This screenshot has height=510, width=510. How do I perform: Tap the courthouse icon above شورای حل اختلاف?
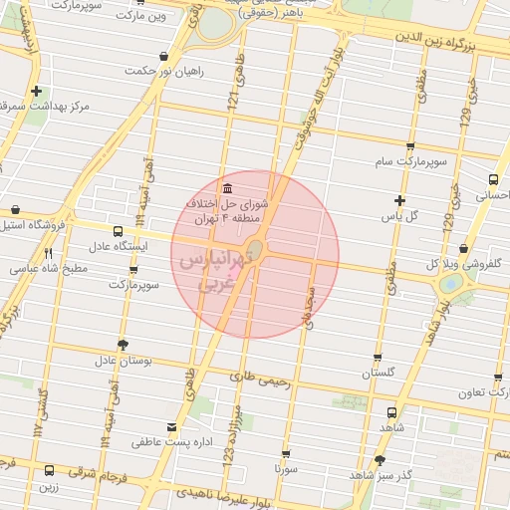click(229, 189)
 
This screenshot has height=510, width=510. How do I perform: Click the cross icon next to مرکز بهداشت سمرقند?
click(37, 90)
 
